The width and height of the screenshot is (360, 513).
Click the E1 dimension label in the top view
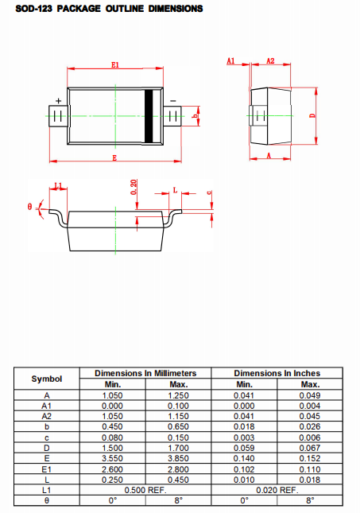click(114, 64)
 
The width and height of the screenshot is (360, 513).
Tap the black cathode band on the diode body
click(149, 116)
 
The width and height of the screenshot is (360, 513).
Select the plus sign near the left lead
click(59, 101)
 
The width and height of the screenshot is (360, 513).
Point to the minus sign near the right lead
click(173, 101)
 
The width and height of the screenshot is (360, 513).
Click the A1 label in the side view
click(230, 60)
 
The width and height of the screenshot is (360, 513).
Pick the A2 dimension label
click(270, 60)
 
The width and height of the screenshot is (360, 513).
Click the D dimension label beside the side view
click(312, 115)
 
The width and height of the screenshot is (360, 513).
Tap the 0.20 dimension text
click(134, 187)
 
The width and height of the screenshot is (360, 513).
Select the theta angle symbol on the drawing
click(29, 207)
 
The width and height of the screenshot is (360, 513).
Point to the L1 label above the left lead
click(58, 186)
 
